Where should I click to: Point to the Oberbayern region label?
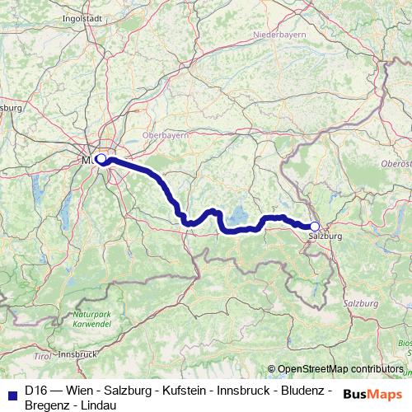point(166,133)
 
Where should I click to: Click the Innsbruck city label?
point(79,354)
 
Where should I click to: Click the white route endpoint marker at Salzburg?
point(314,226)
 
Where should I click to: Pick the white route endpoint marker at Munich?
point(101,158)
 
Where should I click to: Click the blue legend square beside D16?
point(10,391)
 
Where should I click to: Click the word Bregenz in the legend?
point(51,405)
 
